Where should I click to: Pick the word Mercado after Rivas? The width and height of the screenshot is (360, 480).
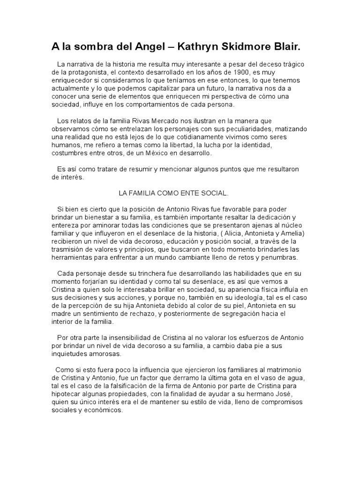150,121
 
